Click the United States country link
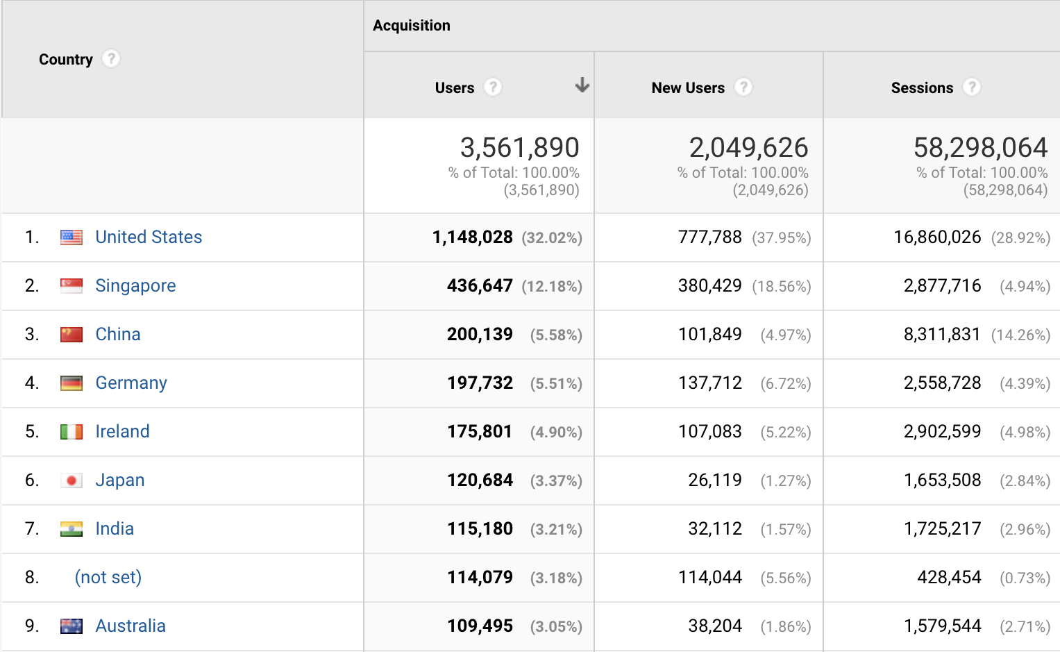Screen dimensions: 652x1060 pos(149,237)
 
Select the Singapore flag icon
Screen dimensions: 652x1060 pos(71,286)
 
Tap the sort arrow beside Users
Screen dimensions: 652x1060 pos(582,85)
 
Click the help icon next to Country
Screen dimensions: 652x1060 pos(111,59)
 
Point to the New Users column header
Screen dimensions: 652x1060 pos(688,88)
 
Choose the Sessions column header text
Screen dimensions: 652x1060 pos(922,88)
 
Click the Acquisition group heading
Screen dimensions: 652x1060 pos(412,26)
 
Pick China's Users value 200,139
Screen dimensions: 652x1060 pos(480,335)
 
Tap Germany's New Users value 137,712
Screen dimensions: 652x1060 pos(709,383)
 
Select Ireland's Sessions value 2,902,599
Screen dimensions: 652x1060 pos(942,432)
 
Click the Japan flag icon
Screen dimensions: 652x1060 pos(71,480)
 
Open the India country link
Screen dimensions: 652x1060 pos(115,529)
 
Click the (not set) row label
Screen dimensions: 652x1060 pos(108,578)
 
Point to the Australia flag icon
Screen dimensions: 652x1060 pos(71,626)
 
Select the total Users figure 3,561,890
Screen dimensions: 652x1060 pos(519,148)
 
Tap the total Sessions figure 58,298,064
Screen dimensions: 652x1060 pos(980,148)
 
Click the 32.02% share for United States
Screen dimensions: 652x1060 pos(552,238)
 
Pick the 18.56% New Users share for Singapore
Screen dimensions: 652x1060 pos(782,287)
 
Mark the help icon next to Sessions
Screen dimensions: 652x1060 pos(972,87)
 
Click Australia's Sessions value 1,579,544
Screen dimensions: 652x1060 pos(942,626)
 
